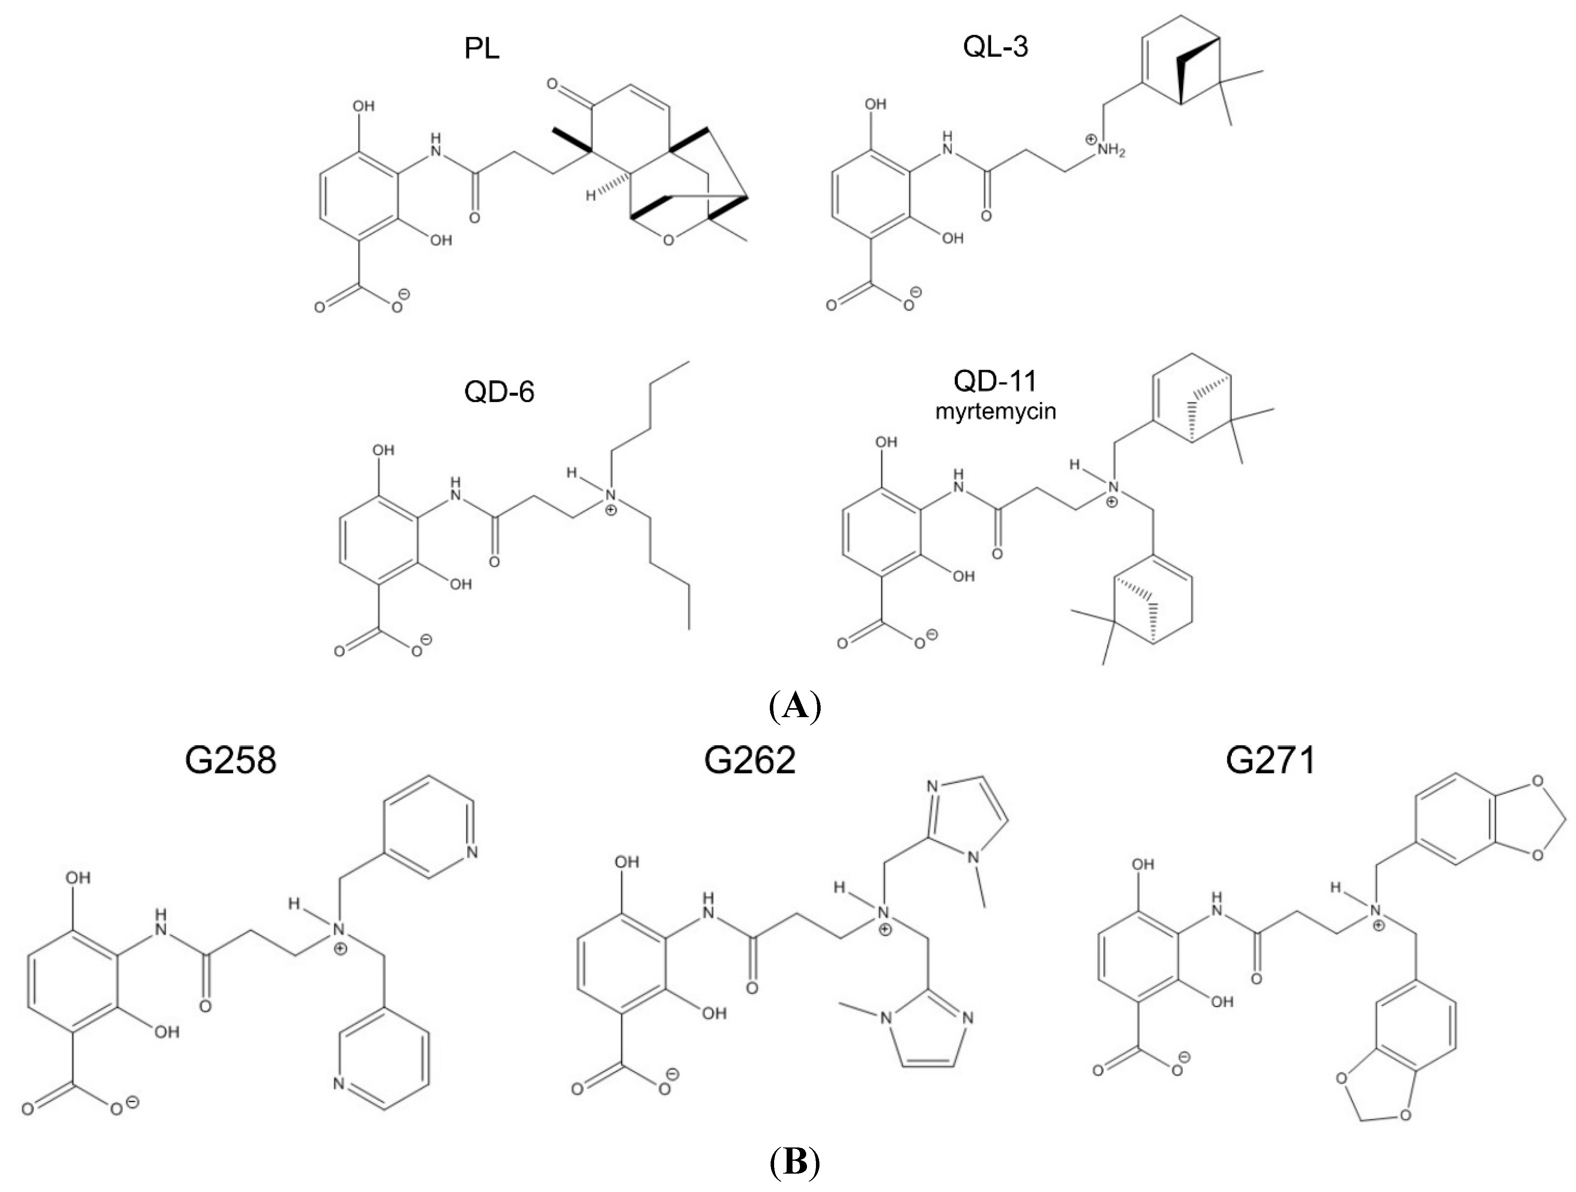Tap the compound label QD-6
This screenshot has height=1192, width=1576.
499,392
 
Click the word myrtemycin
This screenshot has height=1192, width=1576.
995,412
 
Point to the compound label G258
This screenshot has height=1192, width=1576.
230,761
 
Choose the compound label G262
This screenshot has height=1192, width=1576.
749,761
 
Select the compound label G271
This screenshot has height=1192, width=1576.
1270,761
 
